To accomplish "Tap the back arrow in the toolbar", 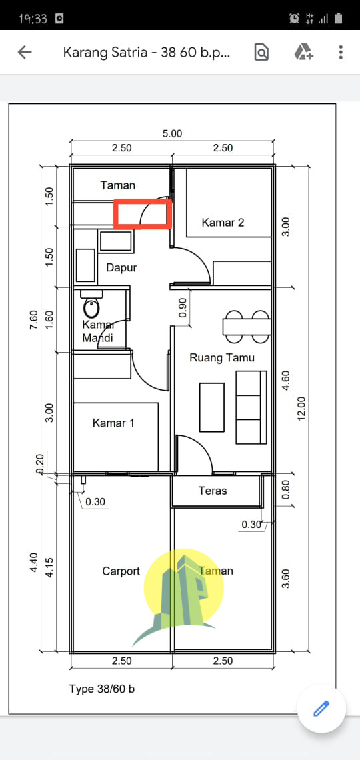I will point(25,53).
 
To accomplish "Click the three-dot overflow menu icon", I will point(341,53).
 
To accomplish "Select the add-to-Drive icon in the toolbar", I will point(303,53).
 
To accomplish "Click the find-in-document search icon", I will point(261,53).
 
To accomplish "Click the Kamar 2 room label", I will point(223,223).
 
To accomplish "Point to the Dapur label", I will point(121,267).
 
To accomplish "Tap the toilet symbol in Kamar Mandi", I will point(91,307).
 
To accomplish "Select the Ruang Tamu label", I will point(222,357).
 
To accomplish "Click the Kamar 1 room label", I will point(113,423).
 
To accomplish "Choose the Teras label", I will point(213,491).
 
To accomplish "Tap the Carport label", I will point(121,571).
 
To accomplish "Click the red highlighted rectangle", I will point(143,215).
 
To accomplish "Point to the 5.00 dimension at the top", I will point(172,133).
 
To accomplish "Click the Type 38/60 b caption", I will point(102,689).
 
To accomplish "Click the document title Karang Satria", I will point(147,53).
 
